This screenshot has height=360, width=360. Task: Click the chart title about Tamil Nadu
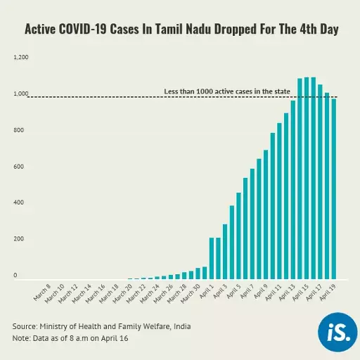(x=181, y=30)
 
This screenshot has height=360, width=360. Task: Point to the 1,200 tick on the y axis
(x=21, y=57)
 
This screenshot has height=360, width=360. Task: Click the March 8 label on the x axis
(x=42, y=291)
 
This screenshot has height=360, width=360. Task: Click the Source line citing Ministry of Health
(x=101, y=326)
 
